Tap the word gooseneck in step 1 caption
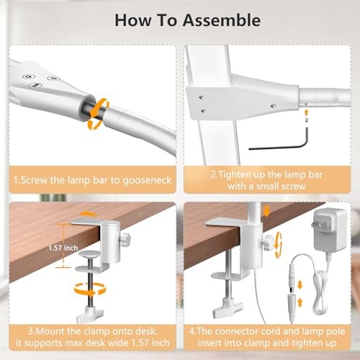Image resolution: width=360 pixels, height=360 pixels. tap(146, 179)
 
